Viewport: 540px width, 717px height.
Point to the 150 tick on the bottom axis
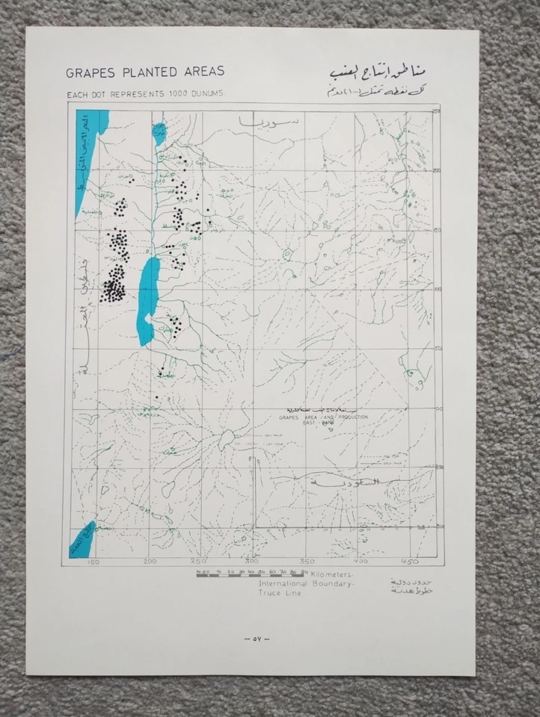(94, 562)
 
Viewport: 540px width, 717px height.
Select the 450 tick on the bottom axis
(409, 562)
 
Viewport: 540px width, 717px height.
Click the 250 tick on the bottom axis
(197, 562)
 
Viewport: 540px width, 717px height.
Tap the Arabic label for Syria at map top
(254, 120)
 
